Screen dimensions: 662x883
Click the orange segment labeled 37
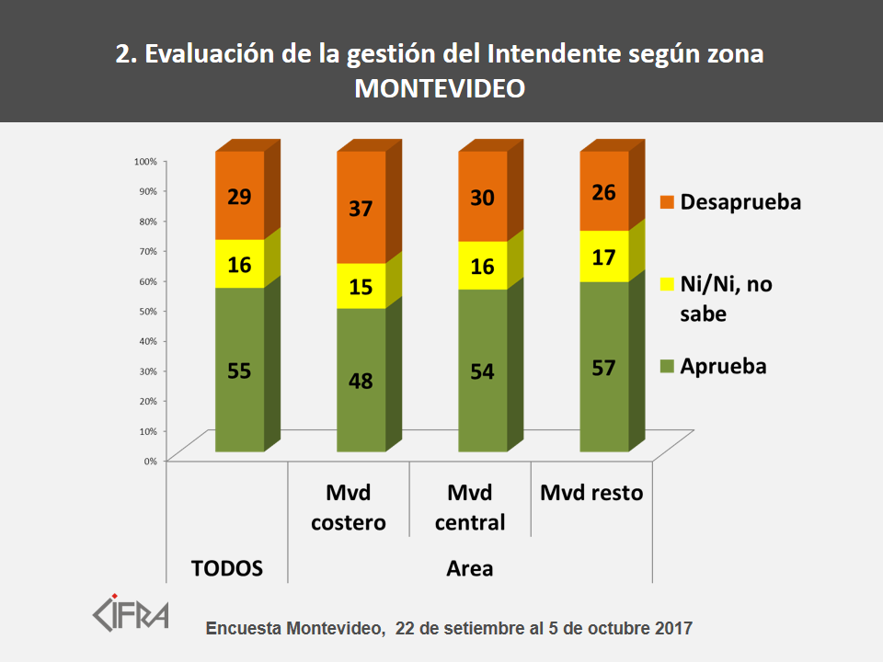(361, 208)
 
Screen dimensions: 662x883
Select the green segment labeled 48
(361, 380)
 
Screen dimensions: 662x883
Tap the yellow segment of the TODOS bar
(240, 264)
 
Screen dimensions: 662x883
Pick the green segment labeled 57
(604, 367)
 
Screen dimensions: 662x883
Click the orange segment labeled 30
(483, 197)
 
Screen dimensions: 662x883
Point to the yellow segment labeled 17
(604, 257)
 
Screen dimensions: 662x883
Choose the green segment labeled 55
(240, 370)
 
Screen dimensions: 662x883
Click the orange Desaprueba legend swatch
(668, 201)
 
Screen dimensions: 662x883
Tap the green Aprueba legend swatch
(668, 366)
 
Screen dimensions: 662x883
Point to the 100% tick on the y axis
(146, 161)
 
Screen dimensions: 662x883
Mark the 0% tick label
(150, 461)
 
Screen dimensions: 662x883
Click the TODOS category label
(227, 568)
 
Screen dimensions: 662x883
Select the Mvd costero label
(348, 508)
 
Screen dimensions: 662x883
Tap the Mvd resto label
(591, 493)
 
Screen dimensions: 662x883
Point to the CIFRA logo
(132, 612)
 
